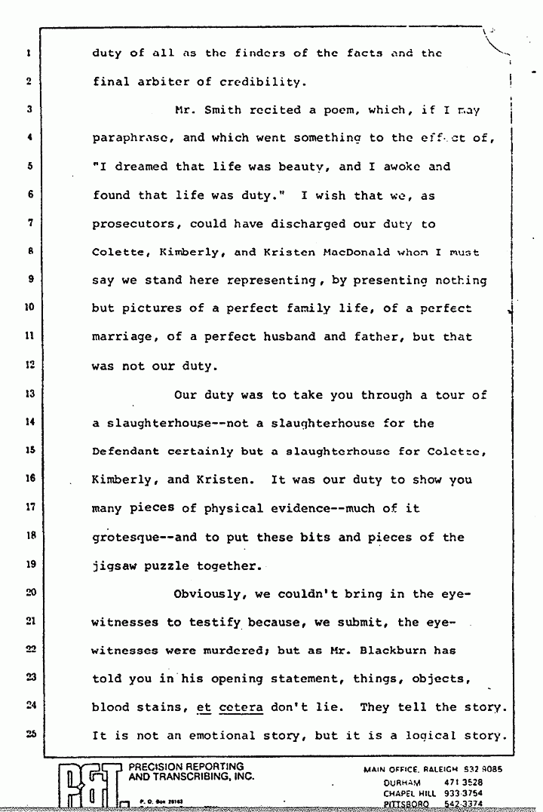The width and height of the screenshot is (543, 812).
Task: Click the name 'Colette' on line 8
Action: pyautogui.click(x=119, y=253)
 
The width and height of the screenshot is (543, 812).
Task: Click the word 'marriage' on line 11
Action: pyautogui.click(x=122, y=338)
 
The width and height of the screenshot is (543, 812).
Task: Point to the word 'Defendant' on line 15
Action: pyautogui.click(x=126, y=452)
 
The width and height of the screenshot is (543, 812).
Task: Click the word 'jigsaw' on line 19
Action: pyautogui.click(x=115, y=565)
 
